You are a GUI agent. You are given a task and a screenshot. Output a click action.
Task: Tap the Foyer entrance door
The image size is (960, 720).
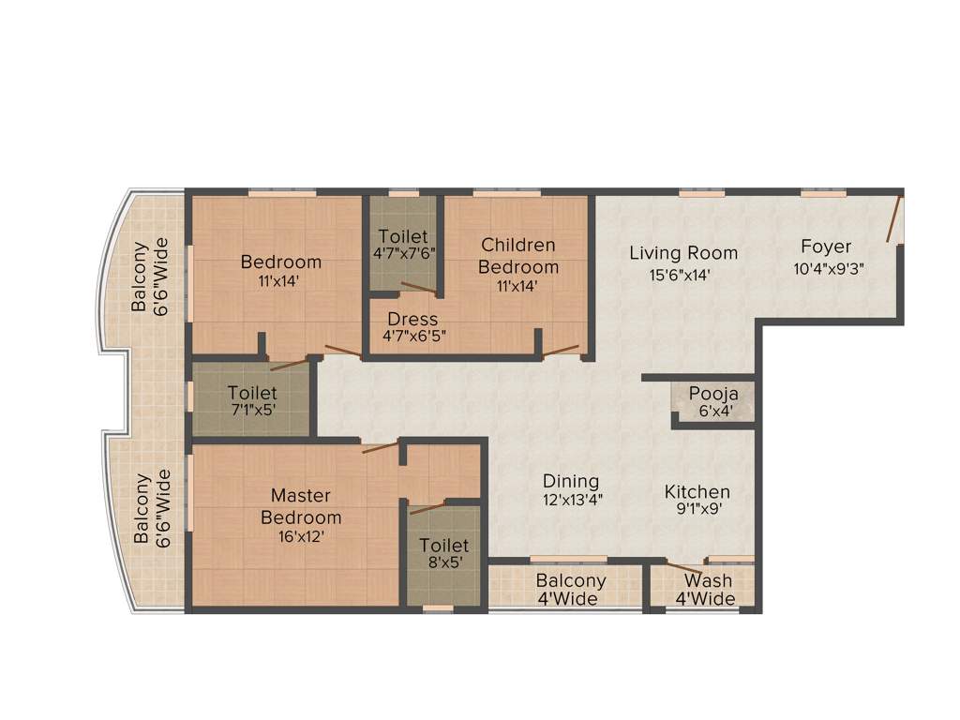(895, 218)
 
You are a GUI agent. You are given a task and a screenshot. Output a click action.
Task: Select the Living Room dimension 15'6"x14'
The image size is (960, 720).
(683, 275)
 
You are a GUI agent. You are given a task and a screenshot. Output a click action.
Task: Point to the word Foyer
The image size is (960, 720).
(826, 247)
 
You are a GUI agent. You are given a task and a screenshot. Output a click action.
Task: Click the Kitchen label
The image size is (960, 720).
(697, 491)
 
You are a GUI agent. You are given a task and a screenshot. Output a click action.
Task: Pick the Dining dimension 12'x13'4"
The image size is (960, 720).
(571, 501)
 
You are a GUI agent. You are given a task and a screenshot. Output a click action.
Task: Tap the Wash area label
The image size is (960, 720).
(708, 581)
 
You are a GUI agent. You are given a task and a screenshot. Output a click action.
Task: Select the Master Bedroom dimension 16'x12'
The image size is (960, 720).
(301, 536)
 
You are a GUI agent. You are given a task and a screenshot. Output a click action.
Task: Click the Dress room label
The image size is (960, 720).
(412, 319)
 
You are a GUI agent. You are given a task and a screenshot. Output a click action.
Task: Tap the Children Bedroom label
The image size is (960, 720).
(518, 256)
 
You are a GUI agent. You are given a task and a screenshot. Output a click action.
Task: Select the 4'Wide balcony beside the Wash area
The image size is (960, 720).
(571, 590)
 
